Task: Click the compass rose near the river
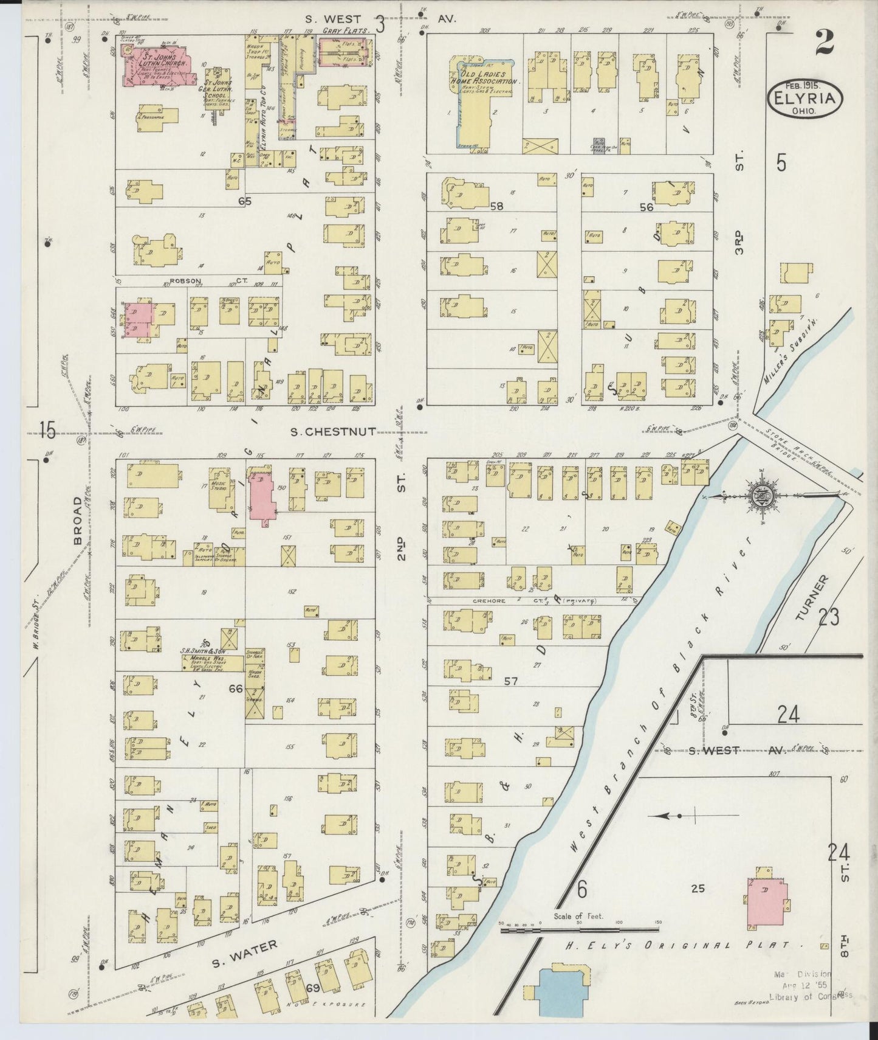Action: pos(767,496)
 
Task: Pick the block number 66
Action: pos(236,688)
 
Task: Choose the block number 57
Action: pos(511,681)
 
